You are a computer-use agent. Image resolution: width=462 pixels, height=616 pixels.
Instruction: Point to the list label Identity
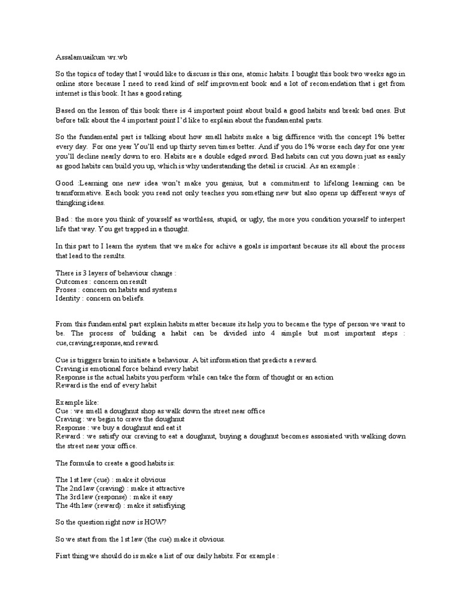(x=68, y=298)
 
